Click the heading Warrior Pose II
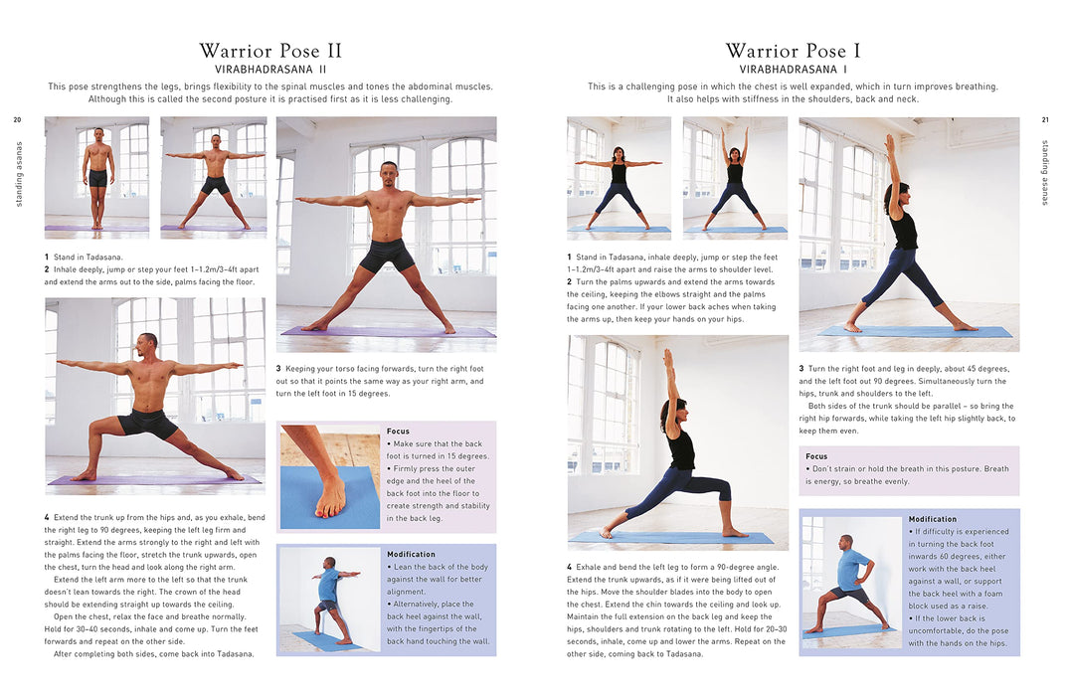[x=269, y=51]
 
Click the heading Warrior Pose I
[x=793, y=51]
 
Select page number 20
[x=17, y=119]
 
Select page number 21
[x=1045, y=119]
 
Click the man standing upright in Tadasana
[x=97, y=177]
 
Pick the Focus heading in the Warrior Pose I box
[x=816, y=456]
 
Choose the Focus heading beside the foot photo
[x=398, y=431]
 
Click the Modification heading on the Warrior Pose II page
[x=411, y=555]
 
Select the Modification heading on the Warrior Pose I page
[x=932, y=519]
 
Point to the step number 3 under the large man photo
[x=278, y=369]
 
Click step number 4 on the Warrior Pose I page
[x=570, y=567]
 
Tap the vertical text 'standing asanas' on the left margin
[x=19, y=174]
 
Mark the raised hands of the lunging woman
[x=668, y=357]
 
